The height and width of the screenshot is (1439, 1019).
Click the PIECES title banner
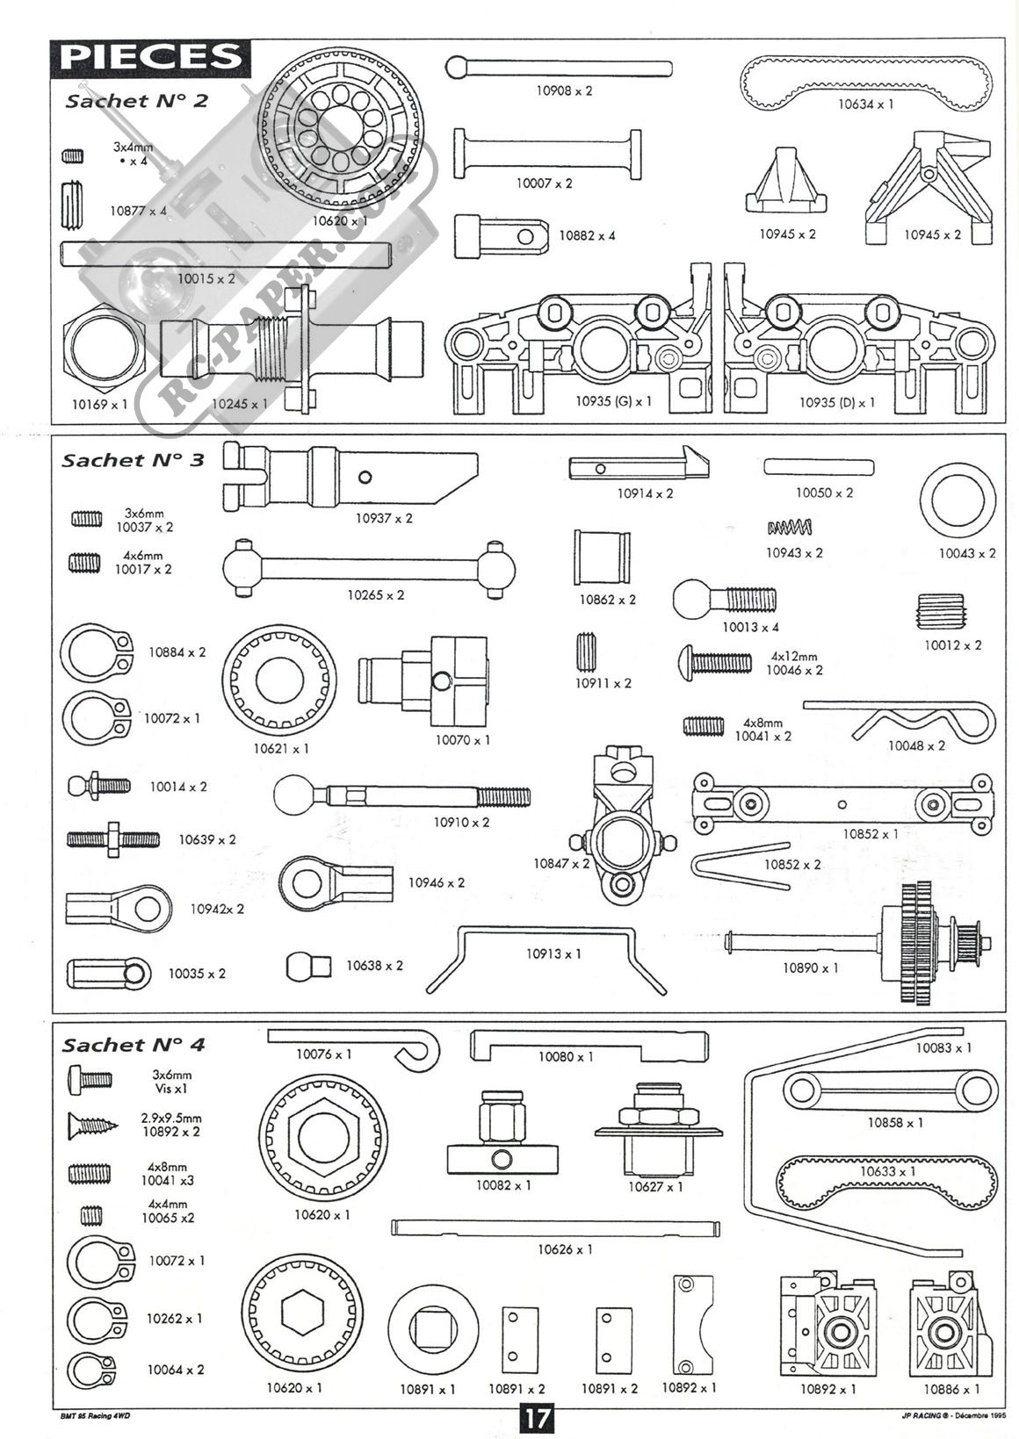point(150,57)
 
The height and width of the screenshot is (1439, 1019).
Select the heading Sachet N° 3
point(133,460)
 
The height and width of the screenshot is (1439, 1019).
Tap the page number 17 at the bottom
point(537,1419)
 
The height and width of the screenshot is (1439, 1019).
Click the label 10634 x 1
point(864,104)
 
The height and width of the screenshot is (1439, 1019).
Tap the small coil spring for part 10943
point(790,527)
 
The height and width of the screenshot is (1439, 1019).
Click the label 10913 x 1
point(553,953)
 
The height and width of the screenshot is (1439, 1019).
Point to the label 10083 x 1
point(943,1047)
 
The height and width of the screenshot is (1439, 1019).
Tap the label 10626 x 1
point(565,1248)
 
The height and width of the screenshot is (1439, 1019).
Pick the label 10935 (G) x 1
point(613,401)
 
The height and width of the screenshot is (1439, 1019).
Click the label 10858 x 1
point(895,1122)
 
